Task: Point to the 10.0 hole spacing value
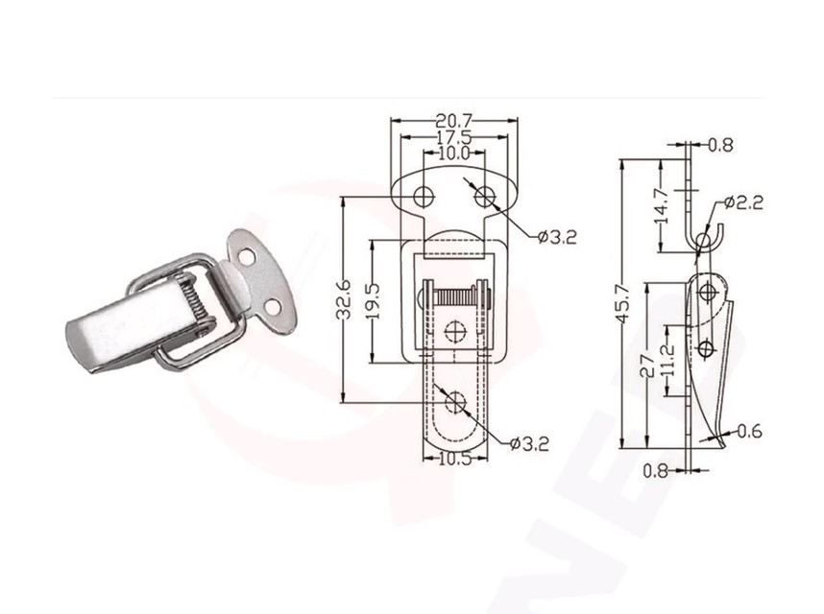pyautogui.click(x=453, y=153)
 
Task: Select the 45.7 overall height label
pyautogui.click(x=625, y=302)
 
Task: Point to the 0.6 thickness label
pyautogui.click(x=750, y=432)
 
